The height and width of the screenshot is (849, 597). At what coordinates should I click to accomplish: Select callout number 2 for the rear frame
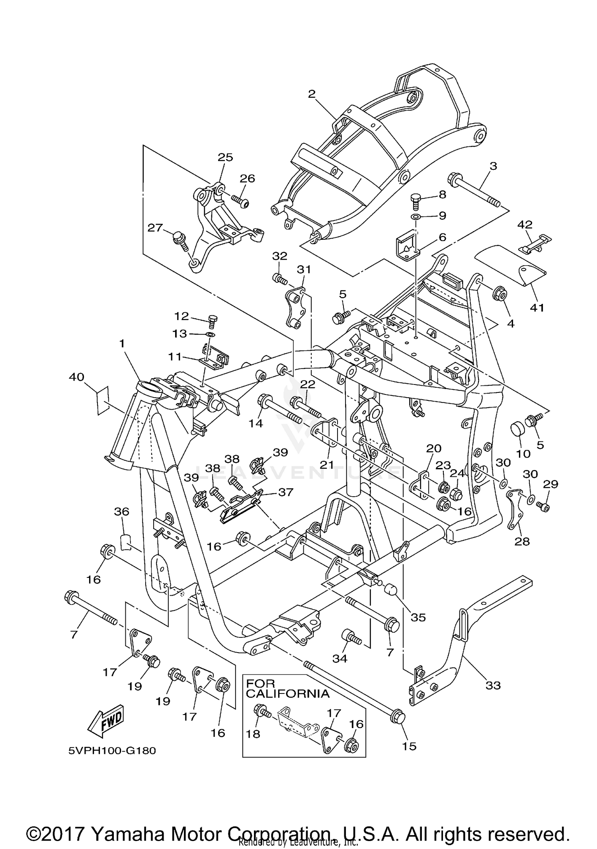[x=312, y=94]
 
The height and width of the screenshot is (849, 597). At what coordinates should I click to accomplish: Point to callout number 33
[x=493, y=685]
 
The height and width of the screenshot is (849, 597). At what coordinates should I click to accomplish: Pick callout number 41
[x=537, y=307]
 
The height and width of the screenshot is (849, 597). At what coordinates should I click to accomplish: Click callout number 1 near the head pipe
[x=122, y=343]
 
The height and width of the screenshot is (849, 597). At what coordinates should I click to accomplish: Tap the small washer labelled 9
[x=416, y=217]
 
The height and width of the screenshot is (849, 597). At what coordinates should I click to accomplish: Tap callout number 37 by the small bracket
[x=286, y=492]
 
